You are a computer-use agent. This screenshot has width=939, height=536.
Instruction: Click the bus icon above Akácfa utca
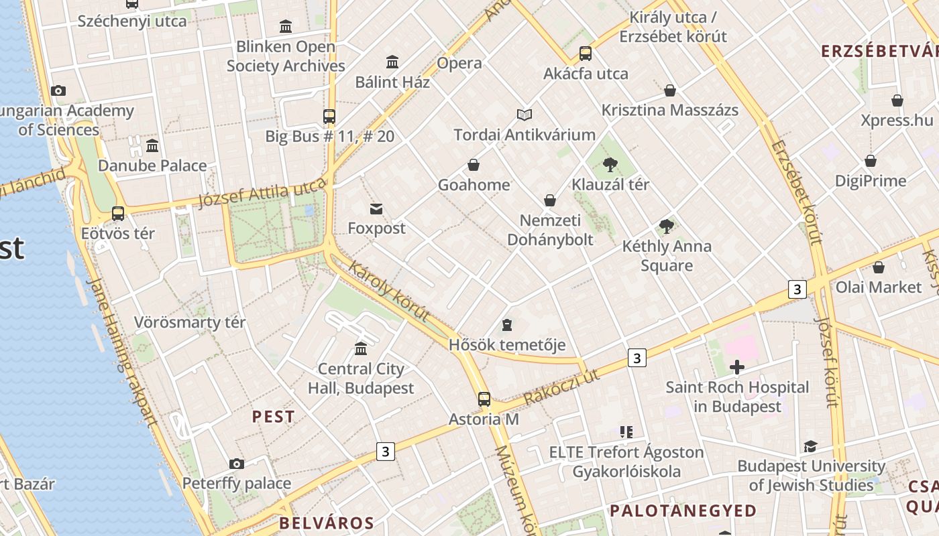[586, 54]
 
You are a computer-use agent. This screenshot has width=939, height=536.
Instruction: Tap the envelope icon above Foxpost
[376, 209]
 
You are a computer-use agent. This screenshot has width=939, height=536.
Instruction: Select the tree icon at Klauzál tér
[610, 164]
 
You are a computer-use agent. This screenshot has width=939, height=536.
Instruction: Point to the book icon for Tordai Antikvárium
[524, 115]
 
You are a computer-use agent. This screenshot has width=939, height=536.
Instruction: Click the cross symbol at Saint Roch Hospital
[737, 366]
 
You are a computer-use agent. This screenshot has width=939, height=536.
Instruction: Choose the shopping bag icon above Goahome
[474, 165]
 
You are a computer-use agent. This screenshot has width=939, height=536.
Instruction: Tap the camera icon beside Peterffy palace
[236, 464]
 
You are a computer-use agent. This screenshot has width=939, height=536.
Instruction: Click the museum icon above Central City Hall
[361, 348]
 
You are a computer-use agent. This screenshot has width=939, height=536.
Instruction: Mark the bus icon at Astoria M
[484, 399]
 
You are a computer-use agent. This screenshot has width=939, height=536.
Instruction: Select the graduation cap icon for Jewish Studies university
[810, 446]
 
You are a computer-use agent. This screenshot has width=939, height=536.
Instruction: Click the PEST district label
[273, 416]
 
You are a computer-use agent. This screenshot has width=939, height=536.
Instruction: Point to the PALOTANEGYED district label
[683, 511]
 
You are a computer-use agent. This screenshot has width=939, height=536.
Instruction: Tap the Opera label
[459, 63]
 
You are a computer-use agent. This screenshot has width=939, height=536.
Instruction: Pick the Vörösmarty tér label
[190, 322]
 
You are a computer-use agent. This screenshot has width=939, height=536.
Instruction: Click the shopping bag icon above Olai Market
[878, 267]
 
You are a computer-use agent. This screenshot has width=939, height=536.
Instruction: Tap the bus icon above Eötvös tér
[118, 214]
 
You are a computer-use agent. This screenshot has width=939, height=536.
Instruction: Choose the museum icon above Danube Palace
[152, 145]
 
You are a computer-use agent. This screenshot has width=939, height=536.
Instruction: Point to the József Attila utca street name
[262, 194]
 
